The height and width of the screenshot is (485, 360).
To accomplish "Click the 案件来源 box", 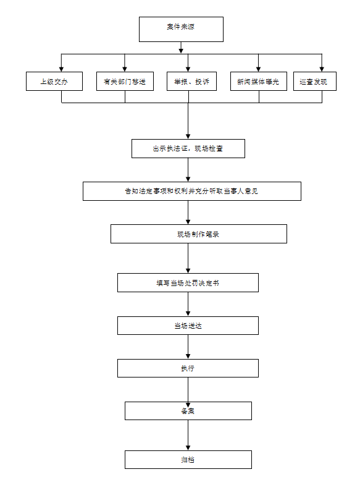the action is (181, 30).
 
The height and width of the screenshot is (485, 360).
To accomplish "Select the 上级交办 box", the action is (54, 82).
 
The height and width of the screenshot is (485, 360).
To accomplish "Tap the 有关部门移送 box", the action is (125, 82).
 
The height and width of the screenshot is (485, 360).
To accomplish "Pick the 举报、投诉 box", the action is (191, 82).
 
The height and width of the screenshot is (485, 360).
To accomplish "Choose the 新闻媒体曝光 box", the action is (259, 82).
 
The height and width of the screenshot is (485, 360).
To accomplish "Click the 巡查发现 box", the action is (315, 82).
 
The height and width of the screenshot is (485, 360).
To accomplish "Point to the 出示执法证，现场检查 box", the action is (188, 149).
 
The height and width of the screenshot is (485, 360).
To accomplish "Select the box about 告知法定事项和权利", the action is (192, 191).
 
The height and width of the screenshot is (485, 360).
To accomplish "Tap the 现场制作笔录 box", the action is (199, 234).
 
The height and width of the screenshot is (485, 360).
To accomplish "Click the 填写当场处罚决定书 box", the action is (188, 283).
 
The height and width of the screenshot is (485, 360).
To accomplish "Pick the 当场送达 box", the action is (188, 326).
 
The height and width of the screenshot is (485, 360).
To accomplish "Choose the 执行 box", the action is (188, 368).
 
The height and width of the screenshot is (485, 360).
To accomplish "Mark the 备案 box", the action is (188, 411).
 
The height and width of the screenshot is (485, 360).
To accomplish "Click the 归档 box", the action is (188, 460).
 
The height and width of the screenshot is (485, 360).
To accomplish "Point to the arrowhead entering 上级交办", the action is (62, 69).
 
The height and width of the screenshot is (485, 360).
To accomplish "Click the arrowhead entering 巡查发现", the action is (322, 69).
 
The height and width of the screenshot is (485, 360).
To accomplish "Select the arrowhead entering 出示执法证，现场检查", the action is (188, 137).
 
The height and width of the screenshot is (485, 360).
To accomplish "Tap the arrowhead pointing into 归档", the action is (188, 448).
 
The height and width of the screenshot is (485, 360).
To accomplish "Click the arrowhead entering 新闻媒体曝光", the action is (258, 69).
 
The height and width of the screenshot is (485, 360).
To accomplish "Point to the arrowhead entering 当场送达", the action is (188, 314).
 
